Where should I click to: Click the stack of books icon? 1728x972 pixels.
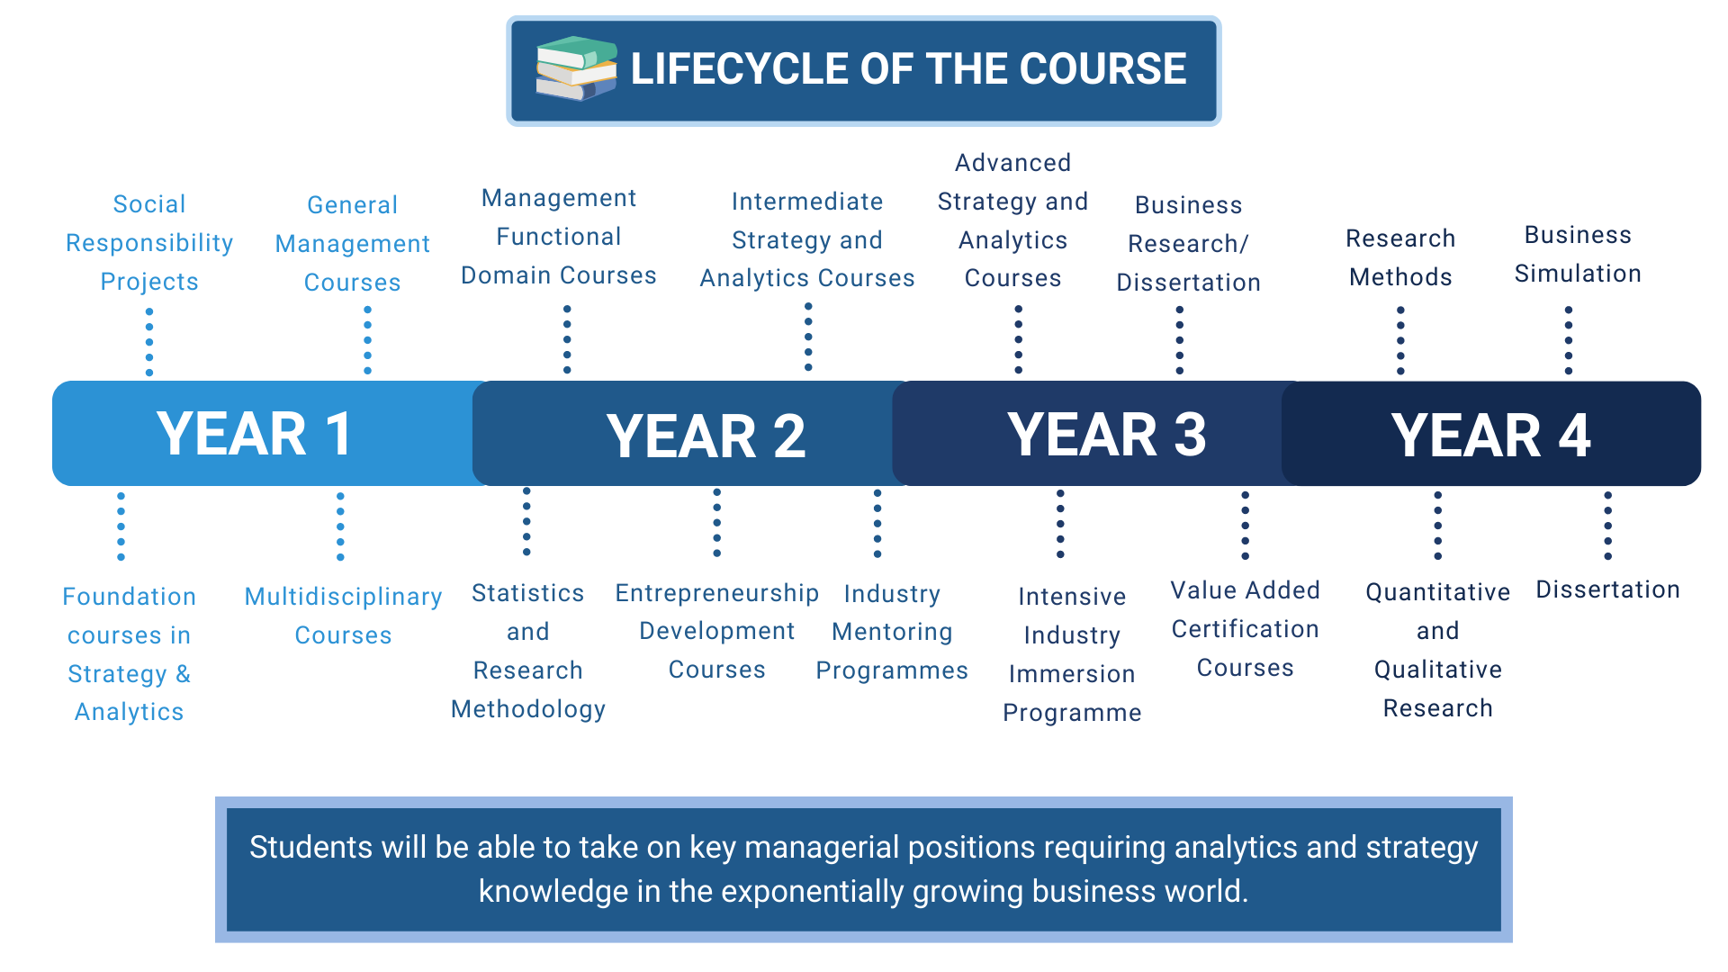[x=576, y=68]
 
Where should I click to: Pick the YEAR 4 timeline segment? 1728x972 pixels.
[x=1491, y=434]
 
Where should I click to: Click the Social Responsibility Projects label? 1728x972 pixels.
[x=149, y=243]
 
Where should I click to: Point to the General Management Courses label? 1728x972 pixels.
[x=353, y=244]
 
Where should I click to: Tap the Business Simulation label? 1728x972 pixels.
[x=1578, y=254]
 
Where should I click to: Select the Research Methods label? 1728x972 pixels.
[x=1400, y=257]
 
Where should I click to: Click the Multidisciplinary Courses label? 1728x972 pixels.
[x=343, y=616]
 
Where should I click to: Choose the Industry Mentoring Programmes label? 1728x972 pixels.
[x=892, y=632]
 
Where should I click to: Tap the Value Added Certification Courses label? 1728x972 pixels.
[x=1245, y=628]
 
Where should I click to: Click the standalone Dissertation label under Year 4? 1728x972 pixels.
[x=1607, y=589]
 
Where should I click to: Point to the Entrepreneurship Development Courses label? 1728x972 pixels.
[x=716, y=631]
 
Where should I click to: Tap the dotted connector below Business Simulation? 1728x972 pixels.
[x=1569, y=340]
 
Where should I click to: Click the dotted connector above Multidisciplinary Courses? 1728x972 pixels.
[x=340, y=526]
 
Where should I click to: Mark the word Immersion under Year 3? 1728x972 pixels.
[x=1072, y=674]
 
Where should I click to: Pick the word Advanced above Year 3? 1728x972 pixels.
[x=1012, y=163]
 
